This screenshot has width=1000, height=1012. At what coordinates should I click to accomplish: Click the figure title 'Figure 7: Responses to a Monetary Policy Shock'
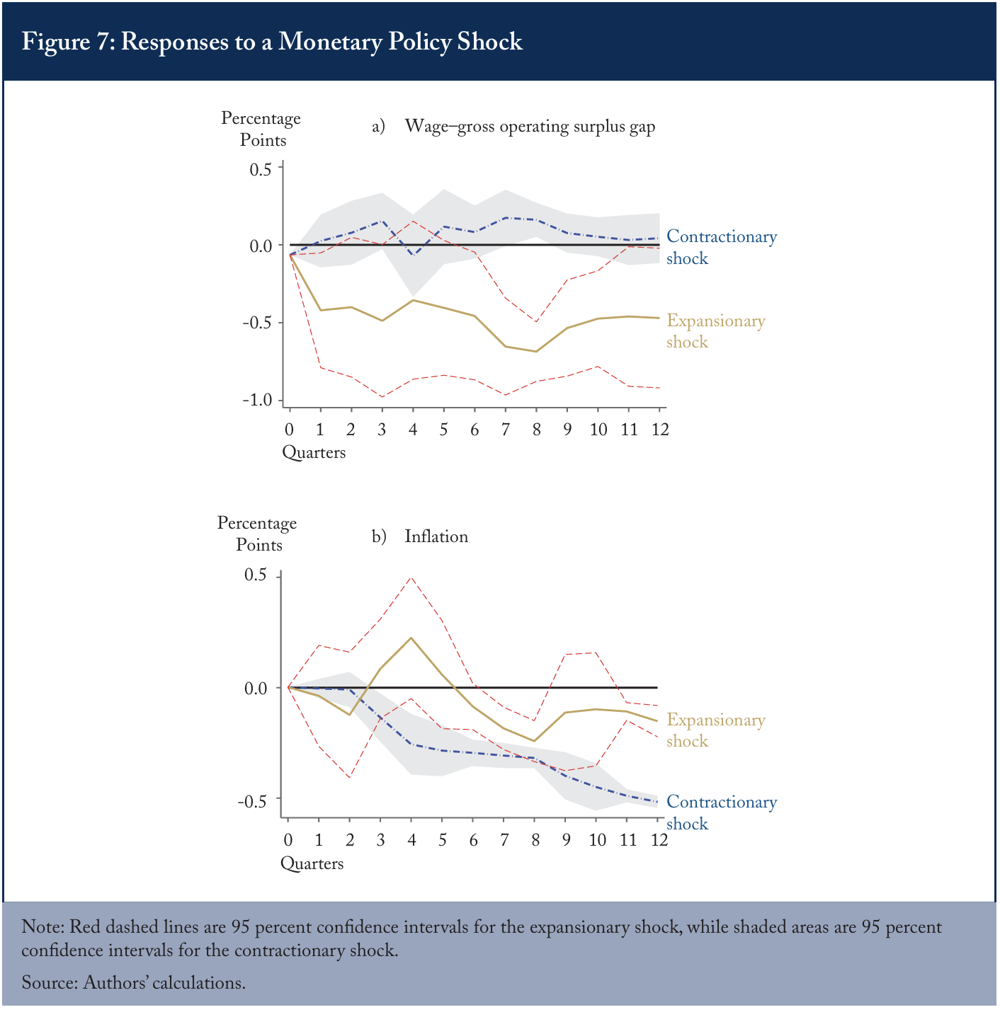click(272, 42)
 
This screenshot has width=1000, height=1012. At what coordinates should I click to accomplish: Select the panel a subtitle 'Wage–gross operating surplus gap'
click(530, 127)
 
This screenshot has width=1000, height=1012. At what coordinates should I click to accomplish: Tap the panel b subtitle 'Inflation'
click(436, 536)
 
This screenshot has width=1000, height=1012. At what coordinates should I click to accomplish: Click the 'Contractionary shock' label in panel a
click(722, 247)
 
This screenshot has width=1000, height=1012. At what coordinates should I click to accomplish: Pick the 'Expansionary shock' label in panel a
click(715, 331)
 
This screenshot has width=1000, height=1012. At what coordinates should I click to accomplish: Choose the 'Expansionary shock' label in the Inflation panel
click(715, 730)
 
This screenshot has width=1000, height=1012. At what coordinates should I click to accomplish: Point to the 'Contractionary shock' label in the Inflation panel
click(722, 812)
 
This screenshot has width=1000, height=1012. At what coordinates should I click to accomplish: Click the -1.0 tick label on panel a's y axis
click(257, 400)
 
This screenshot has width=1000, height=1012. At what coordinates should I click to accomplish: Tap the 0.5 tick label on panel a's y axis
click(261, 169)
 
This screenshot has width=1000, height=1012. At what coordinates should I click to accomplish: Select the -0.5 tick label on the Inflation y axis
click(252, 801)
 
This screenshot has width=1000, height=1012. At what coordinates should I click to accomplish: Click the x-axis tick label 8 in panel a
click(536, 430)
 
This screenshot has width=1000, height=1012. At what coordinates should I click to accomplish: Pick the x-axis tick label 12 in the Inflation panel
click(659, 840)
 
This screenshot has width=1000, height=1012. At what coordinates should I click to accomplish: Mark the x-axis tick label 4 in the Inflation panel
click(411, 840)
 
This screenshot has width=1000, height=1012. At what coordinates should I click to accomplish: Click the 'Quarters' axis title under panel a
click(314, 453)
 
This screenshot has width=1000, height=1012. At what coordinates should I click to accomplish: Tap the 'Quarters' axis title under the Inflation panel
click(312, 863)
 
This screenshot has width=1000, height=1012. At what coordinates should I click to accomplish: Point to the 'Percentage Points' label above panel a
click(261, 130)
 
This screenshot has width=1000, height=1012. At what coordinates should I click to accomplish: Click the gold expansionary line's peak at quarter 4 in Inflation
click(411, 638)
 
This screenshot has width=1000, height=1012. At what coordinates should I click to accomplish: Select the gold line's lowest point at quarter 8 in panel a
click(536, 351)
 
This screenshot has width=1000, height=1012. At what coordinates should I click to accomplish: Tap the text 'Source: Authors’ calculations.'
click(134, 982)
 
